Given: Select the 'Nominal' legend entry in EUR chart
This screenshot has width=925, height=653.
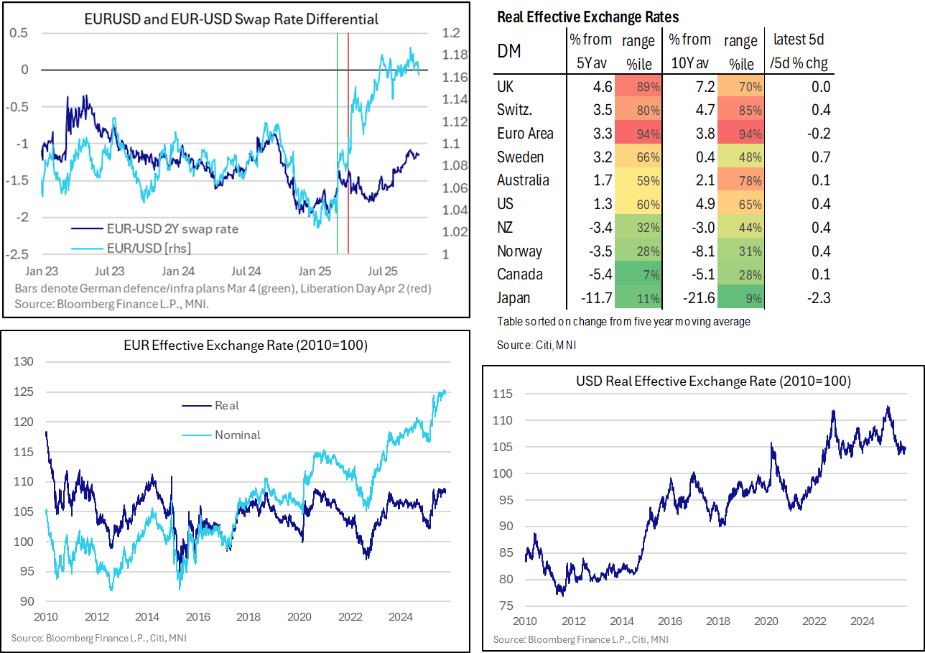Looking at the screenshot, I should [237, 435].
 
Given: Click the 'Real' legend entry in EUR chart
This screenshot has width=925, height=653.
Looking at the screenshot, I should [226, 405].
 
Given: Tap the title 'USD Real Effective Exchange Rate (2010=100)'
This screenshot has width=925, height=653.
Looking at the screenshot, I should [702, 382].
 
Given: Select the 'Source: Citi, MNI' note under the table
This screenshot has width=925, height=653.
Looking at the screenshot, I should [536, 346].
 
